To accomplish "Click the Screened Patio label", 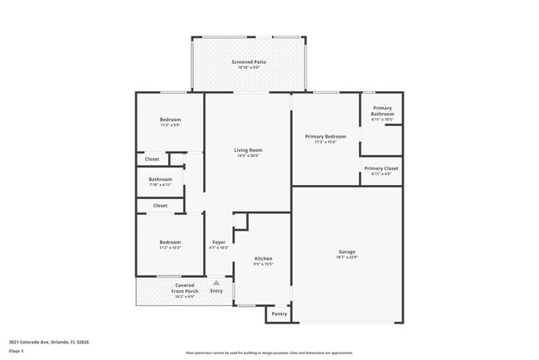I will [248, 62].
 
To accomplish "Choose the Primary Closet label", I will [381, 168].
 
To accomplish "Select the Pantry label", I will [279, 314].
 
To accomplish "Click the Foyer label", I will [219, 242].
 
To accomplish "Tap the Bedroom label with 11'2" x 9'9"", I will [170, 120].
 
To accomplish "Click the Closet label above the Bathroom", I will [153, 159].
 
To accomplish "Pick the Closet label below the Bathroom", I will [160, 205].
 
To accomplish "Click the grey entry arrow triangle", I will [216, 283].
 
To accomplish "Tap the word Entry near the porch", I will [216, 291].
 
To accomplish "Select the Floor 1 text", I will [16, 351].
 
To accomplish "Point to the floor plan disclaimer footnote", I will [269, 353].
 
